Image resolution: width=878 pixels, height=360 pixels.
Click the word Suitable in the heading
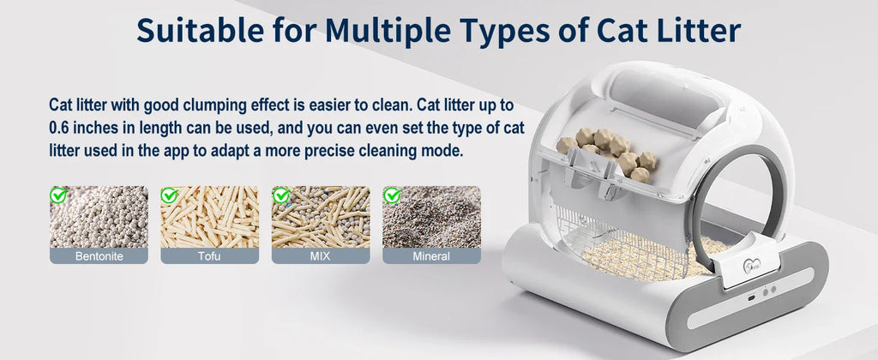[x=199, y=31]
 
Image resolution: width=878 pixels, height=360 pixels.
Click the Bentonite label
[x=99, y=256]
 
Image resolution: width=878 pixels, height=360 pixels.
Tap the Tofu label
[x=209, y=256]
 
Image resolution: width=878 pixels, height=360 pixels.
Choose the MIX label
[x=321, y=256]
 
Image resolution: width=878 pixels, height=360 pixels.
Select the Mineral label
[x=431, y=256]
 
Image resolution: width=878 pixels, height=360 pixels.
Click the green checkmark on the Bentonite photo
[x=58, y=195]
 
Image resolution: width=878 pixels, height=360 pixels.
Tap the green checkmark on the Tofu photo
[x=170, y=195]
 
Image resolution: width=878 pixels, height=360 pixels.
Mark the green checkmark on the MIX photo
[x=280, y=195]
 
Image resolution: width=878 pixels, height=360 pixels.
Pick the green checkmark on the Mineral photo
[x=392, y=195]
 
